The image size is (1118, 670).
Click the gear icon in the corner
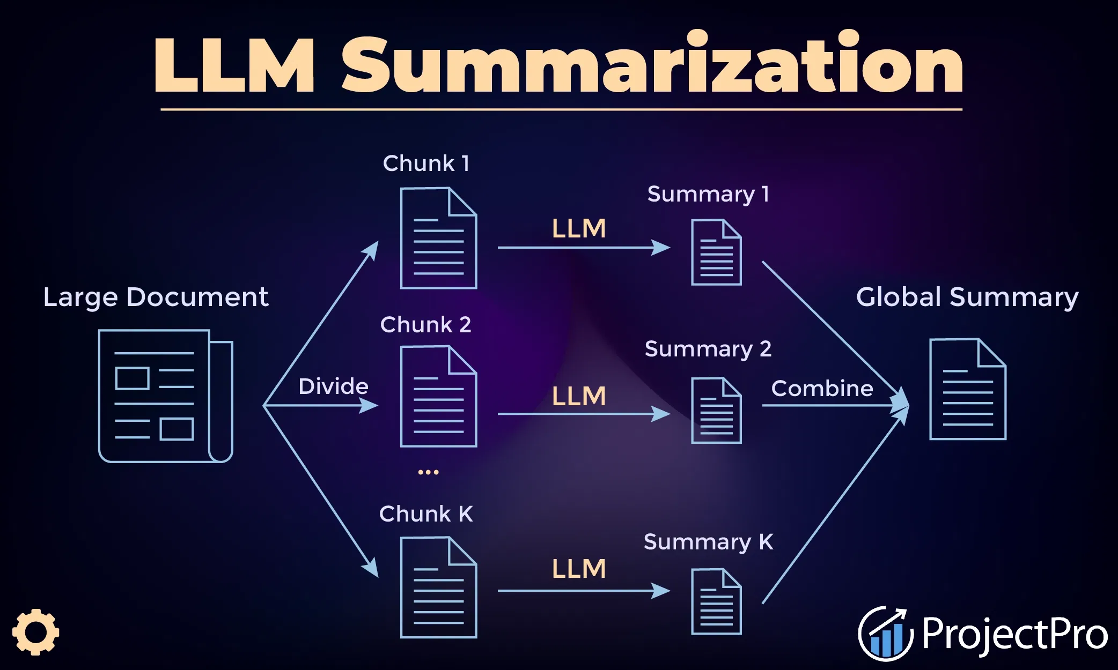(x=35, y=632)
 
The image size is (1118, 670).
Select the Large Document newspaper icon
(x=166, y=396)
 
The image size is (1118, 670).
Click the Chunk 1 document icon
(x=439, y=238)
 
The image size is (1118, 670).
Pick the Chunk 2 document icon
(x=439, y=396)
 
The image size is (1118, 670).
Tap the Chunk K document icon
(x=439, y=587)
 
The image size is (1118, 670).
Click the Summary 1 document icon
(x=716, y=252)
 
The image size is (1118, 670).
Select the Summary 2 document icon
(x=716, y=411)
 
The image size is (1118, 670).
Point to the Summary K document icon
(x=716, y=601)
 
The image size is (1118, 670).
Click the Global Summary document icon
(x=968, y=389)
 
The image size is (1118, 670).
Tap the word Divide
(x=333, y=386)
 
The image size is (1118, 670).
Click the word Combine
(x=822, y=388)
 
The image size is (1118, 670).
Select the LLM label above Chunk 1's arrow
(x=579, y=228)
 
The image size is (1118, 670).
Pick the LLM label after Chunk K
(x=579, y=568)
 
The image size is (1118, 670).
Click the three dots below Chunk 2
(x=428, y=472)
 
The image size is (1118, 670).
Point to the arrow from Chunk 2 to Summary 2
(x=584, y=414)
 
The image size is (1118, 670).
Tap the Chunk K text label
(x=426, y=513)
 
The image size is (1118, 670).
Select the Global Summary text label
(x=967, y=297)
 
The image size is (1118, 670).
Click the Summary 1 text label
(x=708, y=194)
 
